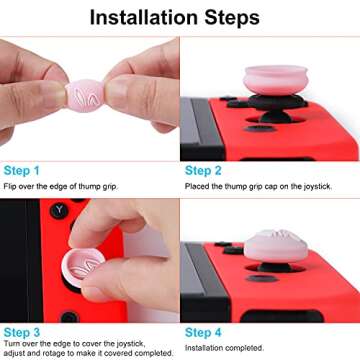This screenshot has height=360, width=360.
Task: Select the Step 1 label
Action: (22, 171)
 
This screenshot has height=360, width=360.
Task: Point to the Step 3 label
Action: (22, 331)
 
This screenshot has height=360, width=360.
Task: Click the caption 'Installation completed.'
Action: (226, 346)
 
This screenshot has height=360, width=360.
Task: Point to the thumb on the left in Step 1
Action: (25, 95)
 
